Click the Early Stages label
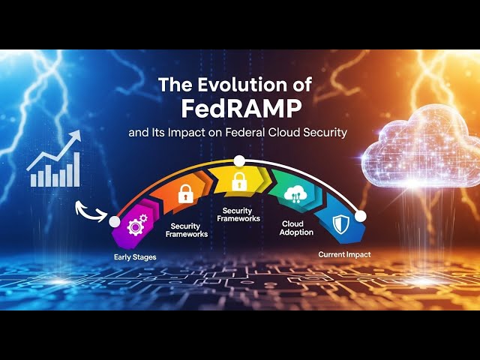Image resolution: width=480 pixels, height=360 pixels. point(135,257)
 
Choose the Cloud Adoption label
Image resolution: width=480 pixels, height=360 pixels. point(297,228)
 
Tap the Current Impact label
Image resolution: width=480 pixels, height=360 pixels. point(344,255)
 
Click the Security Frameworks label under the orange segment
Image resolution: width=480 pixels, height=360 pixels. point(189,230)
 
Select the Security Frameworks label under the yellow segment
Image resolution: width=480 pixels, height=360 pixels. point(238,214)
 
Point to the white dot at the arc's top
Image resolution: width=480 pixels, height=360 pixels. point(239,160)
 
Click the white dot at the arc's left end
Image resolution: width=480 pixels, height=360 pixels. point(114,221)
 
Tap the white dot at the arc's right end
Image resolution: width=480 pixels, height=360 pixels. point(360,216)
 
